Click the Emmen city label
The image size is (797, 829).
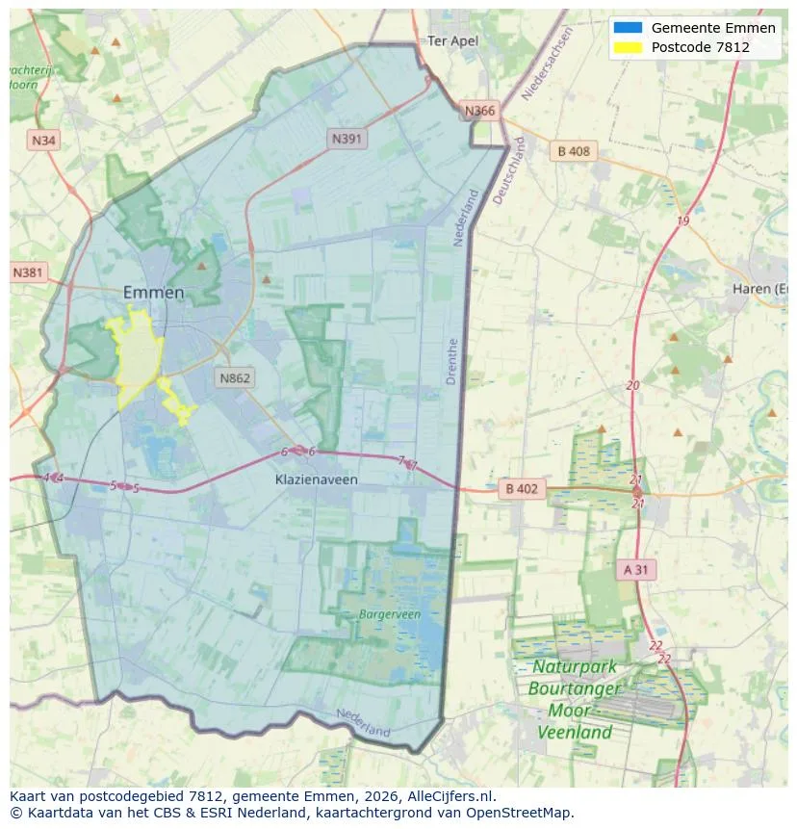click(154, 293)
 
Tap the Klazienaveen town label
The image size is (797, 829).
click(317, 479)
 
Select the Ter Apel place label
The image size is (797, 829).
click(452, 41)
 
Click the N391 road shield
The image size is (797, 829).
click(347, 139)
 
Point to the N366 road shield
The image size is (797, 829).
click(479, 111)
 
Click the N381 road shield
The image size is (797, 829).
click(28, 272)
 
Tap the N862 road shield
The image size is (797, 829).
click(234, 377)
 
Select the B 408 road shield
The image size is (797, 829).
click(574, 151)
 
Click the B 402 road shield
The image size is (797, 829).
click(521, 489)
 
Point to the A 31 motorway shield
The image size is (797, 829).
click(635, 569)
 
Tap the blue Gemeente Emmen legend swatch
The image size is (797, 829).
click(628, 28)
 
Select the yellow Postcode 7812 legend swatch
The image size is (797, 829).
click(628, 47)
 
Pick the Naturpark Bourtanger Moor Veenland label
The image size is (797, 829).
click(575, 699)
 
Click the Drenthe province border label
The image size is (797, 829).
click(452, 361)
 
